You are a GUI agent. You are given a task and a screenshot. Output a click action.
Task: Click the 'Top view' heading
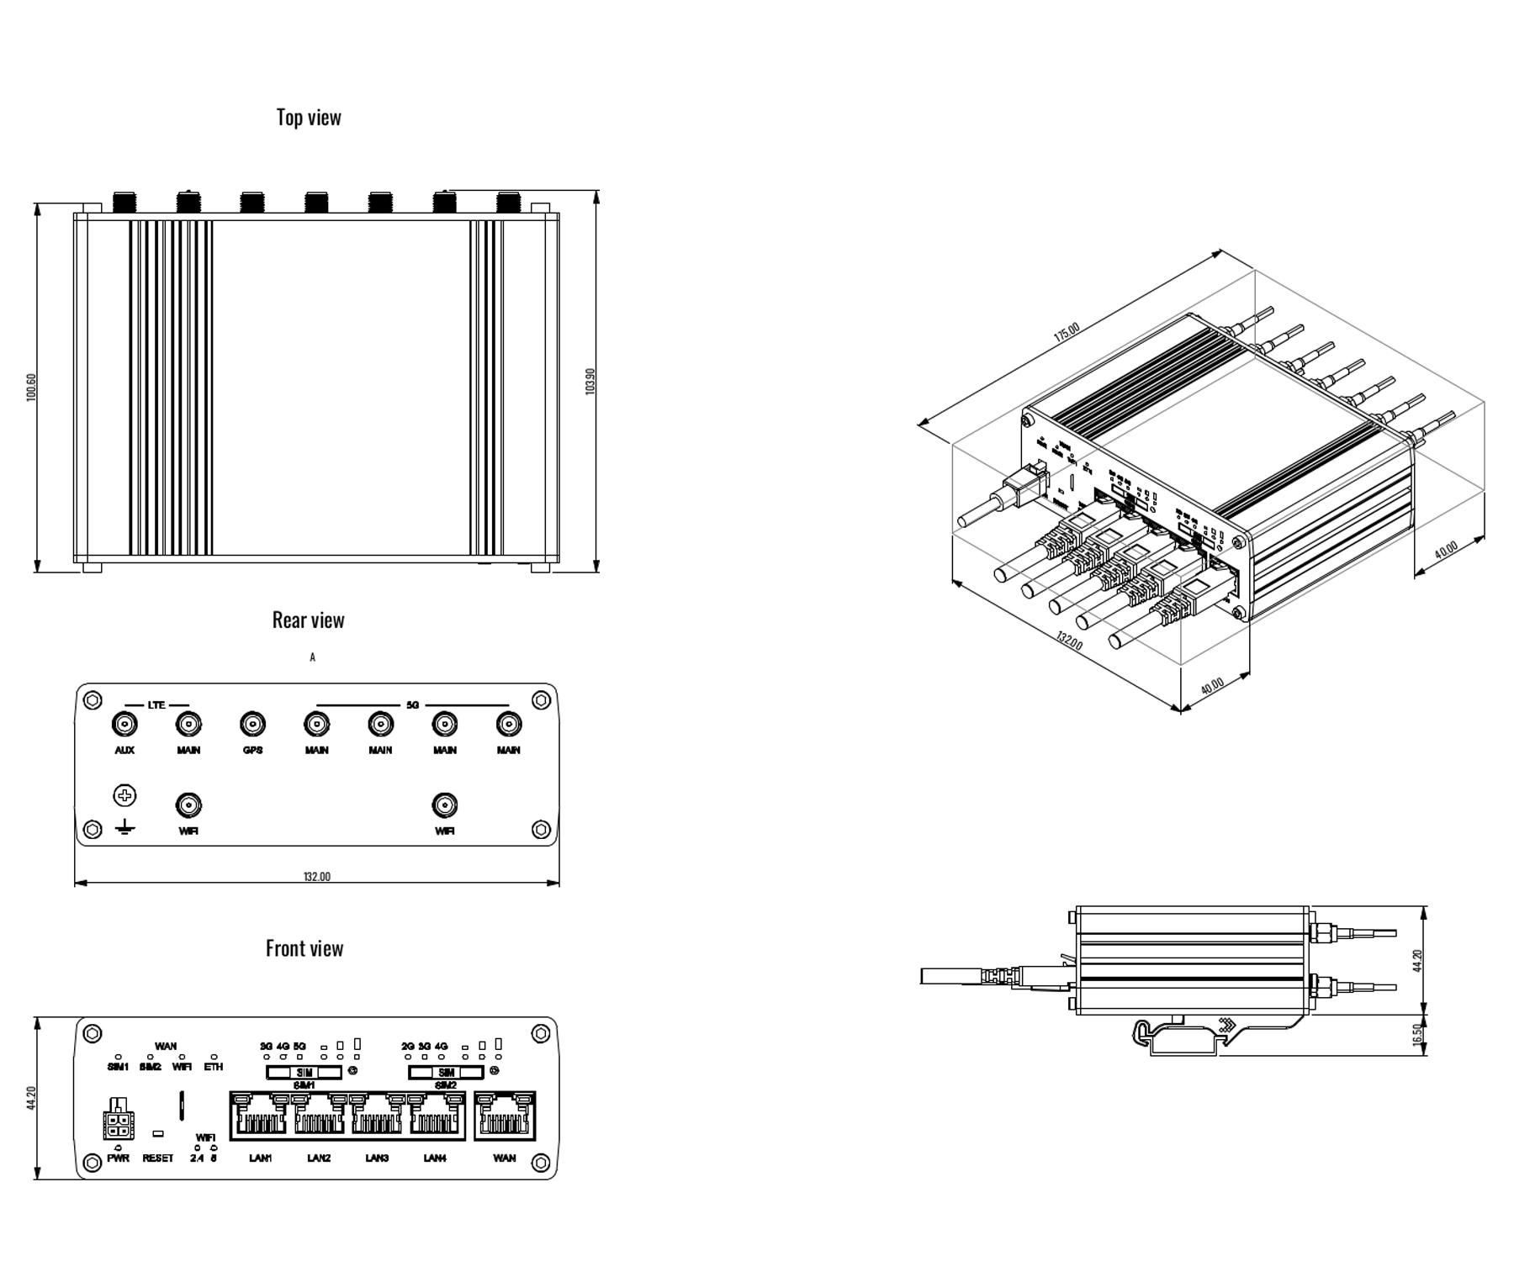coord(309,117)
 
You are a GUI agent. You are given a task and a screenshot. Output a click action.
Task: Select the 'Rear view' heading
coord(308,620)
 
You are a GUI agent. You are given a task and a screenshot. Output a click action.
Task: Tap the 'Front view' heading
coord(304,948)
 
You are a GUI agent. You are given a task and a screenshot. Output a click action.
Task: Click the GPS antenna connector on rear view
coord(252,724)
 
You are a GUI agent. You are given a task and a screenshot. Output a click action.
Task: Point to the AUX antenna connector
coord(124,724)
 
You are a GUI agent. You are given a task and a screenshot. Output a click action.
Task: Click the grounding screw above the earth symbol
coord(124,795)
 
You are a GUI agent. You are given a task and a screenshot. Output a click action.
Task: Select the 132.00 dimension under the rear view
coord(317,877)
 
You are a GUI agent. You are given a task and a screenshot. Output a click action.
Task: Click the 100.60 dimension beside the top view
coord(31,388)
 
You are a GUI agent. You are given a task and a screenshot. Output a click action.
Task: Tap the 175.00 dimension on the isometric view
coord(1067,332)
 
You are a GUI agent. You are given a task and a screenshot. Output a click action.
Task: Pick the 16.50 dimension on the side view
coord(1417,1035)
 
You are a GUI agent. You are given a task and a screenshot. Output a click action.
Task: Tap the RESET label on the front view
coord(157,1158)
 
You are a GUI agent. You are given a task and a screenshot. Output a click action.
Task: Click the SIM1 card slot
coord(304,1072)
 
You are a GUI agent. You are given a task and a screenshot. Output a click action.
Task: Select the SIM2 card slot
coord(446,1072)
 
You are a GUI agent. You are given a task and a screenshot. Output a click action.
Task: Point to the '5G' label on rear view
coord(412,704)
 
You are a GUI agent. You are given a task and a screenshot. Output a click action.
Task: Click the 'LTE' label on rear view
coord(156,704)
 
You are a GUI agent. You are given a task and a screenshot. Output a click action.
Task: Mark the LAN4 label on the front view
coord(435,1158)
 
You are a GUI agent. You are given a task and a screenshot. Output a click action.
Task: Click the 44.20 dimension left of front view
coord(31,1098)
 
